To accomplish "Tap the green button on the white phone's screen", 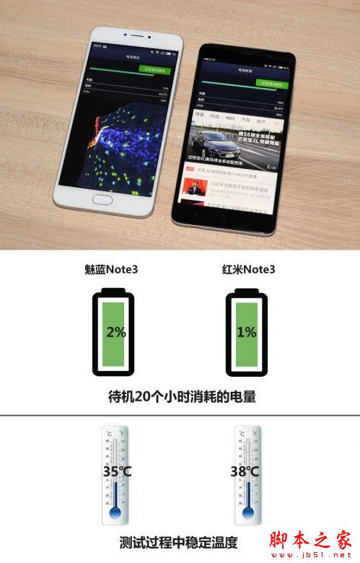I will pos(152,71).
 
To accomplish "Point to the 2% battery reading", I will pos(115,333).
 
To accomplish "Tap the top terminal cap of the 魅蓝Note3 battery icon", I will pos(115,291).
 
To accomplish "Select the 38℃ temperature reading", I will pos(245,473).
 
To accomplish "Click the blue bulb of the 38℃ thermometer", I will pos(247,514).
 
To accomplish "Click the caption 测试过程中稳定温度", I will pos(180,542).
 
